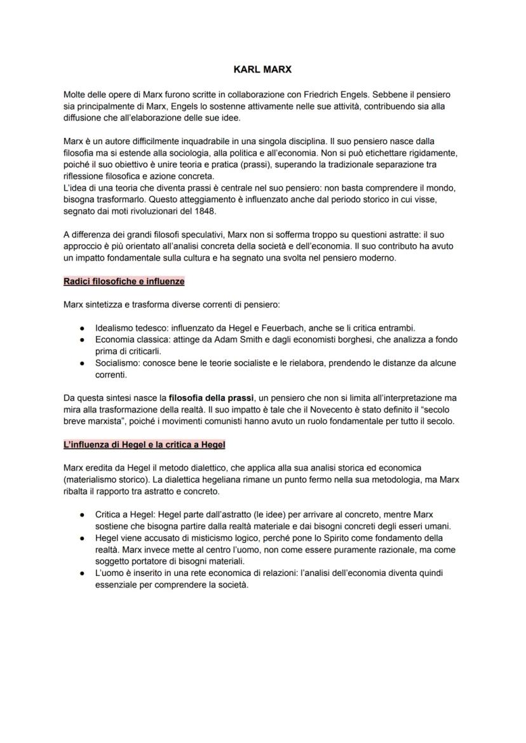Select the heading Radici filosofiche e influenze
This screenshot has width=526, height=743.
click(125, 281)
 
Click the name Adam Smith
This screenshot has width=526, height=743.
click(227, 340)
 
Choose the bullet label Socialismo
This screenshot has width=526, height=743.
click(114, 363)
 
